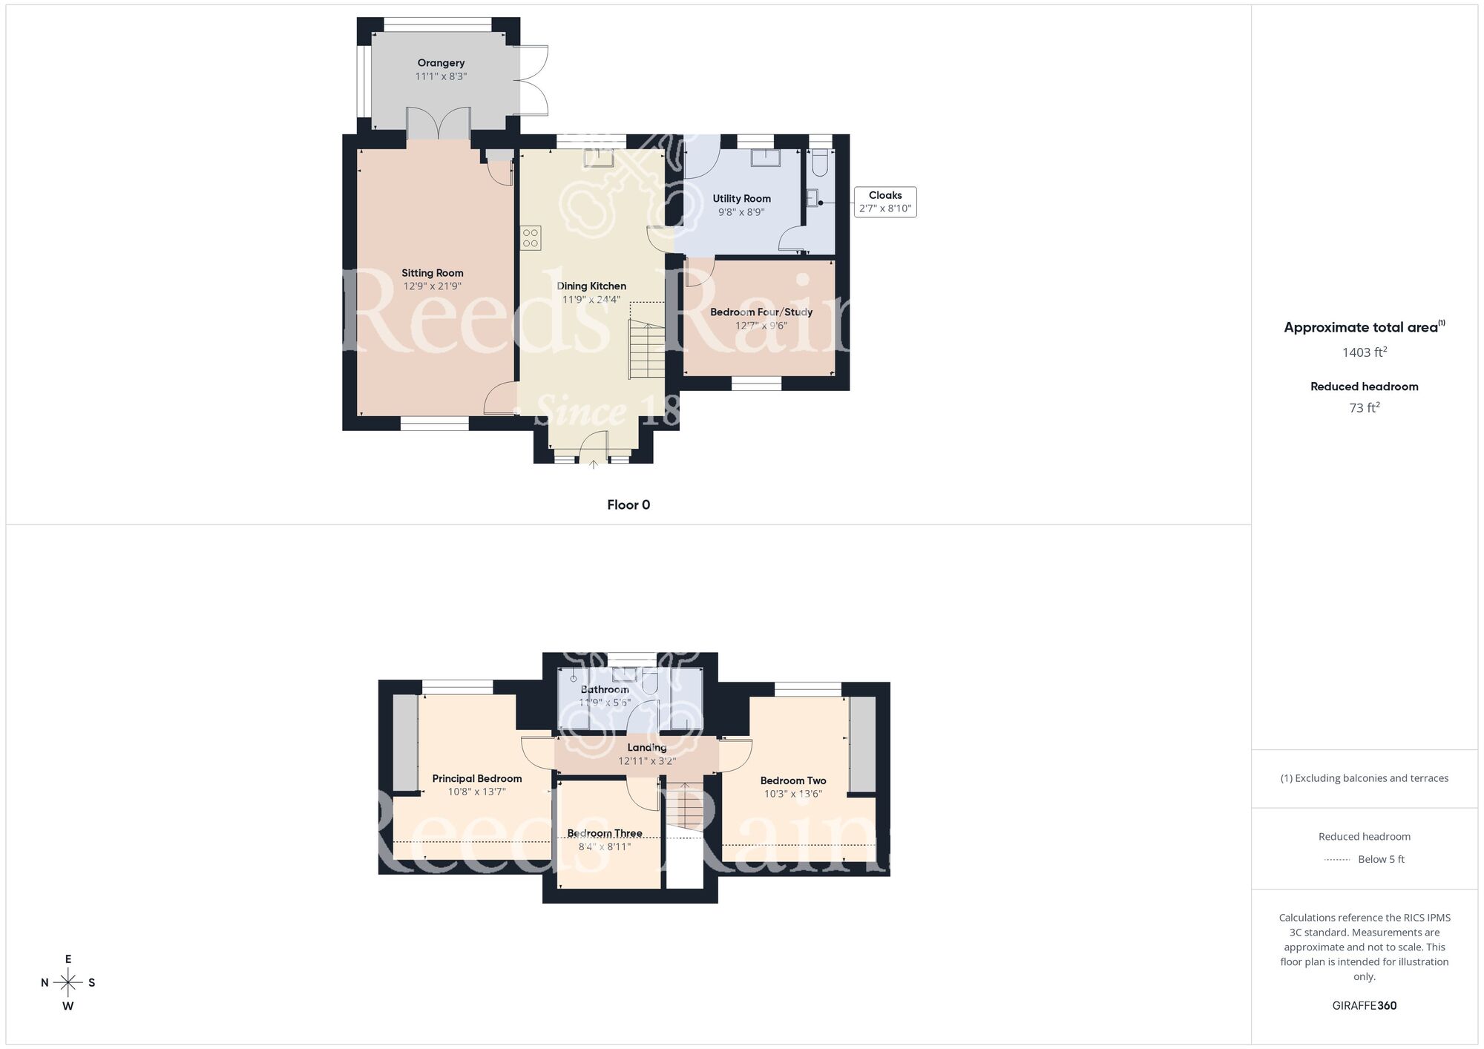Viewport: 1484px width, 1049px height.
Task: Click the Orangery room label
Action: point(441,63)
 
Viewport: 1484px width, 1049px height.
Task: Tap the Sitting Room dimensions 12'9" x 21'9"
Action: point(433,286)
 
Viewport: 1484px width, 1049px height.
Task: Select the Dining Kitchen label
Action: point(591,286)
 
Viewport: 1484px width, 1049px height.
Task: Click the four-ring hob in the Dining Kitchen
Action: point(531,237)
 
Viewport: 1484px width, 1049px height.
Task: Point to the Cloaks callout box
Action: point(885,202)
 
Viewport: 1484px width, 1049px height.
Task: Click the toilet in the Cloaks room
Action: point(819,163)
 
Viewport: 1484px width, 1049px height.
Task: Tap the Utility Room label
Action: point(741,198)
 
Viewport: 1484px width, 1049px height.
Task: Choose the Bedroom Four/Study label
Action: point(761,312)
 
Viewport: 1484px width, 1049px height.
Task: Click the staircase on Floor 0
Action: point(647,349)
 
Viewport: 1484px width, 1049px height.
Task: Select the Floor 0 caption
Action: point(628,505)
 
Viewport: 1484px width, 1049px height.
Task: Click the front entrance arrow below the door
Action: point(594,465)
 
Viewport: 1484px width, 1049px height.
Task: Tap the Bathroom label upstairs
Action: point(605,689)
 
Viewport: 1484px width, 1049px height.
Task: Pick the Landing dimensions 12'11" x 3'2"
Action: point(647,761)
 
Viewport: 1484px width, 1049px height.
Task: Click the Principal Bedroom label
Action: point(477,778)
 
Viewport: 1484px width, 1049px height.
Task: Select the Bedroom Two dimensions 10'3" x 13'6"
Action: point(793,794)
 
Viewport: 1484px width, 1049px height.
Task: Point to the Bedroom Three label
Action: point(605,833)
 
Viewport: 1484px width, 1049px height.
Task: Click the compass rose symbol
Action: point(68,983)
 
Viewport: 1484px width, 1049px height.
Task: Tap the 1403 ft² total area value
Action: point(1365,352)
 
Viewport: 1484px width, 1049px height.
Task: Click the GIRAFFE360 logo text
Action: point(1365,1006)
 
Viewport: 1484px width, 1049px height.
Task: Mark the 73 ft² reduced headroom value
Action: point(1365,408)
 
